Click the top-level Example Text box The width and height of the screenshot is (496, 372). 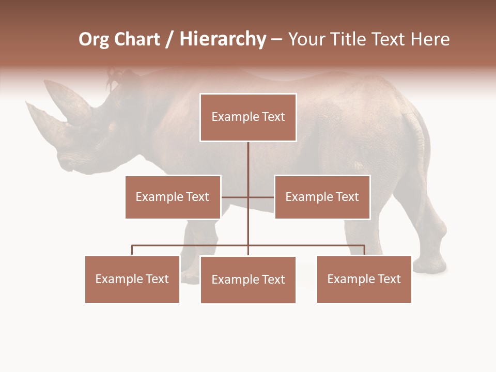coord(248,117)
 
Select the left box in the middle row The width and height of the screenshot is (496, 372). coord(173,197)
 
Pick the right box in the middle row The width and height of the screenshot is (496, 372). coord(322,197)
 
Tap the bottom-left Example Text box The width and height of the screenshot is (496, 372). coord(132,279)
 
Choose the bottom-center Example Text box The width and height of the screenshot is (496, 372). coord(248,280)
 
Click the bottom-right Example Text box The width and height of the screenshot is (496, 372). coord(364,279)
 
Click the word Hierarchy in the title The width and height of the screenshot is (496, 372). coord(223,39)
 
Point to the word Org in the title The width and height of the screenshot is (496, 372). coord(95,39)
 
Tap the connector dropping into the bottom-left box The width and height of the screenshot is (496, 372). coord(132,251)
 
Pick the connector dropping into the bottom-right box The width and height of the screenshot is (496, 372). coord(364,251)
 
